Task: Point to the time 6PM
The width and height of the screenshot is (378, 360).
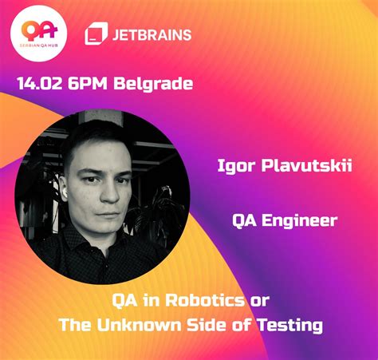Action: [94, 82]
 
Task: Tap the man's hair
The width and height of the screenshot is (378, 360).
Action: [94, 134]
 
